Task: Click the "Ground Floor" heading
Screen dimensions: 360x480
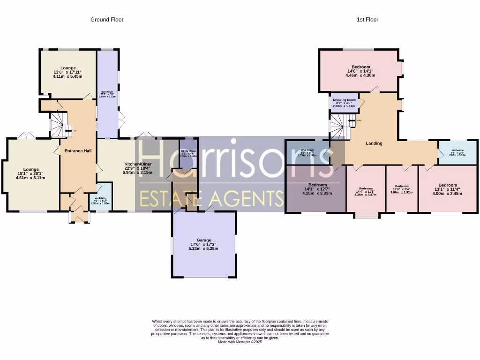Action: click(107, 20)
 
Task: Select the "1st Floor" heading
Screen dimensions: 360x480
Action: click(367, 20)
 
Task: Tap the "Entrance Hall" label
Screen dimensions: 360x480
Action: click(78, 151)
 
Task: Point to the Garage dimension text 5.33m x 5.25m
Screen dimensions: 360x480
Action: click(203, 249)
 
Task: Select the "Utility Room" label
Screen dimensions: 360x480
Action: click(189, 151)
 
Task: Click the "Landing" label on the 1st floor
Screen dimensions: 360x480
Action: click(374, 143)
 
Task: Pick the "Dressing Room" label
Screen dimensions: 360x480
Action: click(345, 100)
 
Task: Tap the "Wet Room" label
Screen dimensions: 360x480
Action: click(307, 150)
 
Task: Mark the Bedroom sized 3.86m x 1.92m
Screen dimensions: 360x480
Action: click(402, 192)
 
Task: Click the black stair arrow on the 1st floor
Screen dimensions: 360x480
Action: click(352, 120)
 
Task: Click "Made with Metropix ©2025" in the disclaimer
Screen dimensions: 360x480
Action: click(240, 342)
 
